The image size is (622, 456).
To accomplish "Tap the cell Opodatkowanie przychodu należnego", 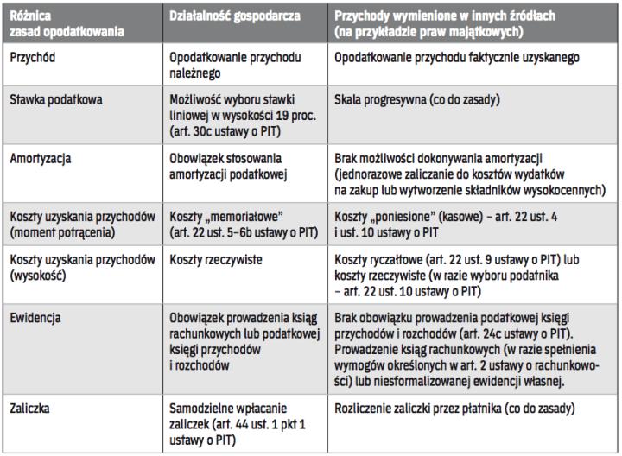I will coord(232,65).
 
